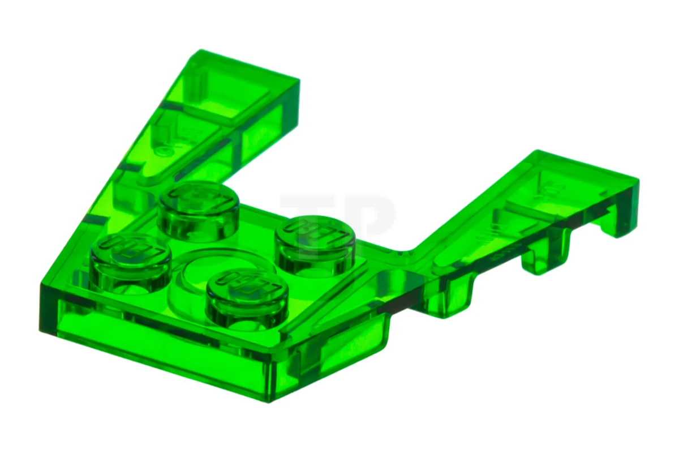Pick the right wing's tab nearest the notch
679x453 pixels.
(453, 294)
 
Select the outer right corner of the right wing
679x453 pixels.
(638, 180)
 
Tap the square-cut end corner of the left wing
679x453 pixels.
(298, 79)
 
